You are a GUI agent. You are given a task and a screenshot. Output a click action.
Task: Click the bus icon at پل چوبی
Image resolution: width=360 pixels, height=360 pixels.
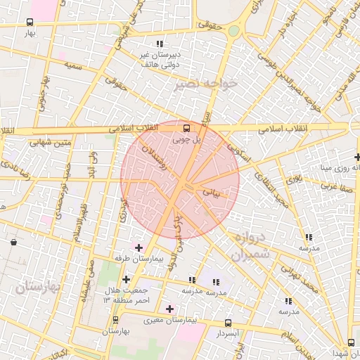click(x=186, y=128)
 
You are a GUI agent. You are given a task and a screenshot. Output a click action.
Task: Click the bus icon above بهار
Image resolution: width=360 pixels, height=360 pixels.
click(x=29, y=22)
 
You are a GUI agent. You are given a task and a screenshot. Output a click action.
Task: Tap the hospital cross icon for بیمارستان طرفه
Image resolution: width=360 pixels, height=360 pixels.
click(x=139, y=247)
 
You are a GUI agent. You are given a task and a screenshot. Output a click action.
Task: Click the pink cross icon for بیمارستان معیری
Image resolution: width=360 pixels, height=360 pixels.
click(x=169, y=308)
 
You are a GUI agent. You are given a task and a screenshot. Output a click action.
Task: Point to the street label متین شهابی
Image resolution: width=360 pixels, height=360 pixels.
click(x=51, y=142)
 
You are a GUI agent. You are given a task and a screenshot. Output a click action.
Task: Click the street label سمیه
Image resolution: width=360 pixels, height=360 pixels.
click(x=71, y=65)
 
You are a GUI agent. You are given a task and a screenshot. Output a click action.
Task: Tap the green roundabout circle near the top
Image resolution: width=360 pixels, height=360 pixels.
click(x=233, y=30)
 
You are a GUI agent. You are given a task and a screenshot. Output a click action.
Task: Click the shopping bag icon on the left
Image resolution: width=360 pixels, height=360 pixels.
click(x=13, y=243)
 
